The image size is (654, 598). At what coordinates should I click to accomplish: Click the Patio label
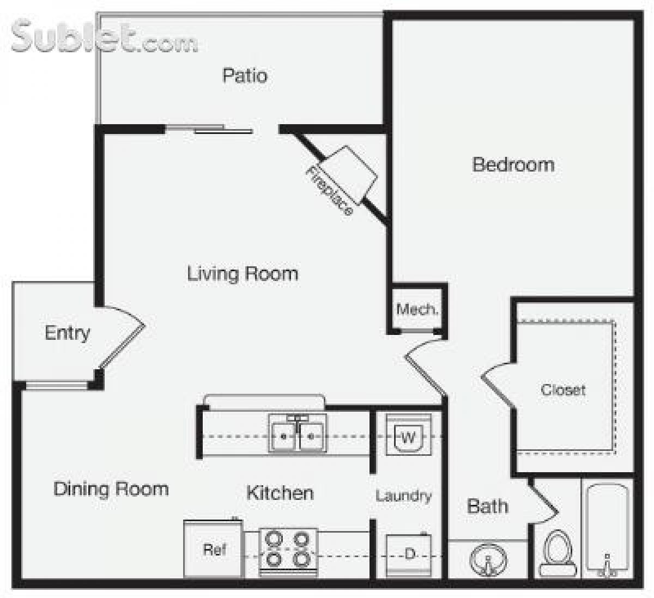coord(245,75)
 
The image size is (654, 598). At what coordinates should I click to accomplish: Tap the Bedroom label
coord(513,164)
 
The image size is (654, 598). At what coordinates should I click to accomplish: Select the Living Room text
coord(243,273)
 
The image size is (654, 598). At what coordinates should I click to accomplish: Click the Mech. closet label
coord(417,309)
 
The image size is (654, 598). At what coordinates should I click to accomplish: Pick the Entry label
coord(67,333)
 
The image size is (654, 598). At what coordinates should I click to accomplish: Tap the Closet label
coord(563,390)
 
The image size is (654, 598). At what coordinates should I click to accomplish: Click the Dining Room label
coord(111,489)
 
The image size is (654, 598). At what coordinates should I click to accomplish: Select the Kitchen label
coord(280,493)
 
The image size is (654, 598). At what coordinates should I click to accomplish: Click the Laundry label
coord(403,496)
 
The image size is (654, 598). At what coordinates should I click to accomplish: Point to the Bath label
coord(487,507)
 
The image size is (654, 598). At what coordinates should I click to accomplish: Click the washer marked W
coord(409,436)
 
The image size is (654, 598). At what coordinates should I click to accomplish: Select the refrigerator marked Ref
coord(214,549)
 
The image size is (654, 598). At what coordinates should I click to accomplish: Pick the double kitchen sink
coord(297,434)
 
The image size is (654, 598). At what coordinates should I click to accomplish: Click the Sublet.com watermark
coord(104,37)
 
